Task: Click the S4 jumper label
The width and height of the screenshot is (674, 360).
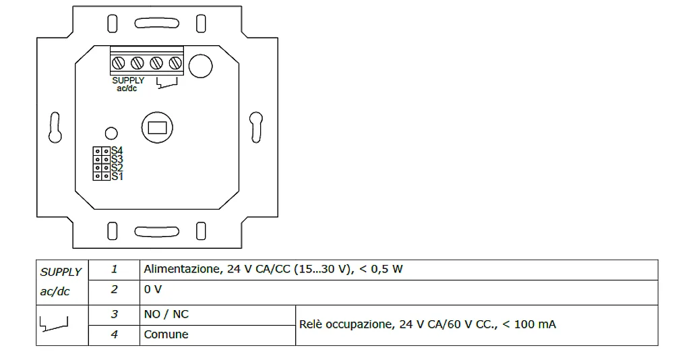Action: tap(117, 150)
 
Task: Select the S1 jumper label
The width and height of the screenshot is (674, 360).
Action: tap(117, 176)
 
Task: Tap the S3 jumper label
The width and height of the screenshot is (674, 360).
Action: tap(117, 159)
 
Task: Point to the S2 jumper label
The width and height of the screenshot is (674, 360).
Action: tap(117, 167)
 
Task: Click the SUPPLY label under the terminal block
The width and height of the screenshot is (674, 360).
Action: tap(128, 80)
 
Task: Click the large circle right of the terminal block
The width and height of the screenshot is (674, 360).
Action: tap(200, 65)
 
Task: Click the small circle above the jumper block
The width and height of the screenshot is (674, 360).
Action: tap(113, 133)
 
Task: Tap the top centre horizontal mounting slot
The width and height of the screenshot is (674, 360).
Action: tap(156, 24)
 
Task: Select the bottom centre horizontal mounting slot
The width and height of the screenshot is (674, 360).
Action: tap(156, 232)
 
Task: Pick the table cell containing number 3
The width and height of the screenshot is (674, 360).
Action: tap(114, 314)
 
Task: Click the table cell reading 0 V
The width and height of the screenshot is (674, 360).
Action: tap(398, 289)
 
